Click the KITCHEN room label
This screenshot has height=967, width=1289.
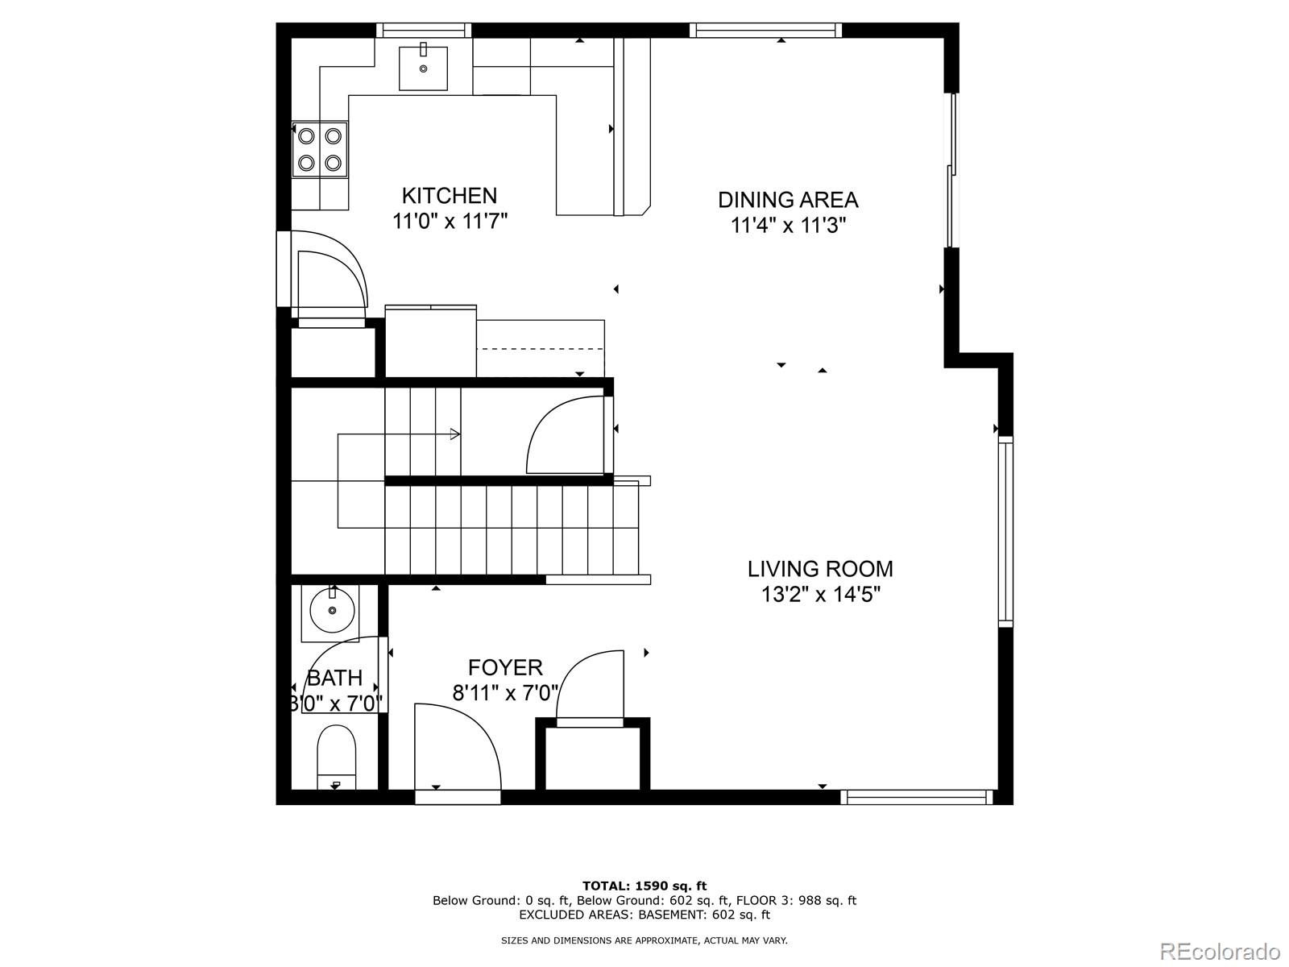click(x=449, y=196)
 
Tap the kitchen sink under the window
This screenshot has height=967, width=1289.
click(x=423, y=68)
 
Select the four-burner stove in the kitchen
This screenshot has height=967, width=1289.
click(x=320, y=149)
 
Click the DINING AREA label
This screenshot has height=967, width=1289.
click(x=788, y=200)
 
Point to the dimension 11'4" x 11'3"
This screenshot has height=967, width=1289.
click(x=788, y=225)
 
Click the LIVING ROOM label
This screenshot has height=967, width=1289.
click(x=820, y=569)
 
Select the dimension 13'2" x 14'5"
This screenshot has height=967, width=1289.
click(x=820, y=595)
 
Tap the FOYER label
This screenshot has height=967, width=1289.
click(x=505, y=667)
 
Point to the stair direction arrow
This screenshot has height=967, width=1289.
click(x=454, y=434)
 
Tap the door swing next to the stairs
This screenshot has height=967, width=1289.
click(x=566, y=436)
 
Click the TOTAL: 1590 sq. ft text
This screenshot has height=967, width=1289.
click(x=644, y=886)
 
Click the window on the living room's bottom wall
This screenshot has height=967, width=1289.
click(x=916, y=797)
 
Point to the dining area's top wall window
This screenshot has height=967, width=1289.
click(x=765, y=31)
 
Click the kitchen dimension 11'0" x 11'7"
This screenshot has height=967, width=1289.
click(x=449, y=221)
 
